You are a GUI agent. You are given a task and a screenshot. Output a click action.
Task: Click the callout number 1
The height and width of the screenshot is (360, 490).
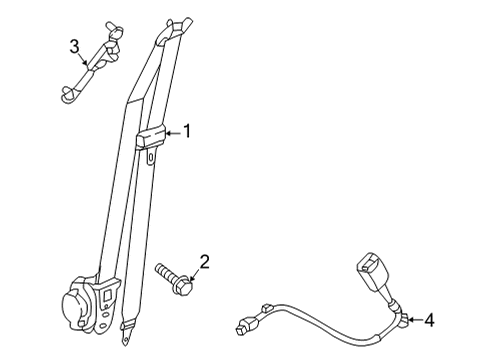tap(185, 131)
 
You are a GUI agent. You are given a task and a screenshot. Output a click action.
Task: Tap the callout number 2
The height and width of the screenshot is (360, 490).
tap(204, 262)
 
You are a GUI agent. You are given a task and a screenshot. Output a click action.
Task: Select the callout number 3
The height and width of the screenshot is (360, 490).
tap(73, 45)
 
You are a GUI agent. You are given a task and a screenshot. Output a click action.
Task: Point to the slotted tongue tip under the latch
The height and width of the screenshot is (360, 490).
tap(151, 156)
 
